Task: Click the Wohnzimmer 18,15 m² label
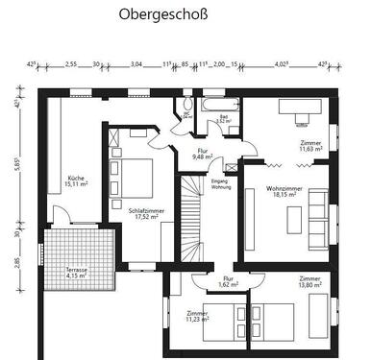point(284,192)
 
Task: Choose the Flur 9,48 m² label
point(203,154)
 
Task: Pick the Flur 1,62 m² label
point(200,281)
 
